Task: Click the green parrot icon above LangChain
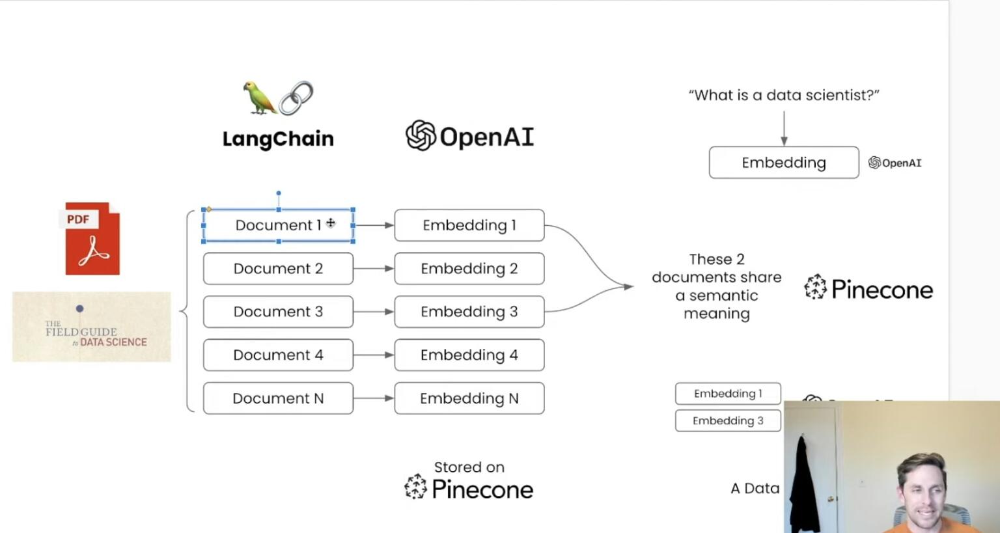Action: (x=258, y=98)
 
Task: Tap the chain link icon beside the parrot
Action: (x=296, y=98)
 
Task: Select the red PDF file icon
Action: (x=92, y=238)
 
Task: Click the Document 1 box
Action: (x=278, y=225)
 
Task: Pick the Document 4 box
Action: (x=278, y=355)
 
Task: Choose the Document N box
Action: (x=278, y=398)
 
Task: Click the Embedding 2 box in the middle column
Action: (x=469, y=268)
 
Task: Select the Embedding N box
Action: (x=469, y=398)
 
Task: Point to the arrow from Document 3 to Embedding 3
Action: (x=374, y=312)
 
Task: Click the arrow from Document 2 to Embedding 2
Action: (x=374, y=268)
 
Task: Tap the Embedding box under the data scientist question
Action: (x=783, y=163)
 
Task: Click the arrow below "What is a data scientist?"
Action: (x=784, y=128)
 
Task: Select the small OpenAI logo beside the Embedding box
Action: (x=895, y=163)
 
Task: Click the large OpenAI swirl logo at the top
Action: (x=421, y=135)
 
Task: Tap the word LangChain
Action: (x=278, y=139)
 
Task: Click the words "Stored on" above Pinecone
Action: (x=469, y=467)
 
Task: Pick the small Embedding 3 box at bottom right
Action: (x=728, y=421)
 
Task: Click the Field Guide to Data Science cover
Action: (x=92, y=327)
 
